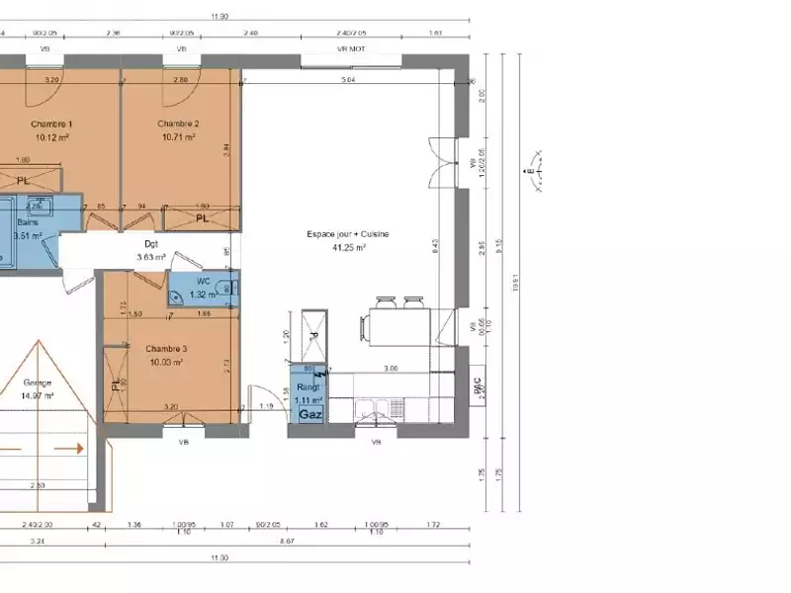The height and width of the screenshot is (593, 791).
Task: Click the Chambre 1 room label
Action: point(51,124)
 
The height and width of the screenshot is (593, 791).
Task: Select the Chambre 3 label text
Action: point(166,349)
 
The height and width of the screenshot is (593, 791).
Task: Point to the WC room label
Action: point(204,282)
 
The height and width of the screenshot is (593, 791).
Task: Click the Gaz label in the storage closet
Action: point(309,416)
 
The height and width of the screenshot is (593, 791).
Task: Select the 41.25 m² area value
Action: point(349,248)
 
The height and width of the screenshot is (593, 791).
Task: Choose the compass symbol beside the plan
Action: point(532,174)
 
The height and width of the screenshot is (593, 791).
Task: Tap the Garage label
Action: point(38,382)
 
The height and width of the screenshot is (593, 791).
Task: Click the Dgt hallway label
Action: point(151,243)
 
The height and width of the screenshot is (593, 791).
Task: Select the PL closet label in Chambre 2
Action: point(202,217)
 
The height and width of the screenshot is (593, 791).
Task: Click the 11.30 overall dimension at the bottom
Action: point(219,558)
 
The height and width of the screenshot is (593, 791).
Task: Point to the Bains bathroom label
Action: point(27,223)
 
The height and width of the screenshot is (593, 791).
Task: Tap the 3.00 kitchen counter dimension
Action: point(391,368)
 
